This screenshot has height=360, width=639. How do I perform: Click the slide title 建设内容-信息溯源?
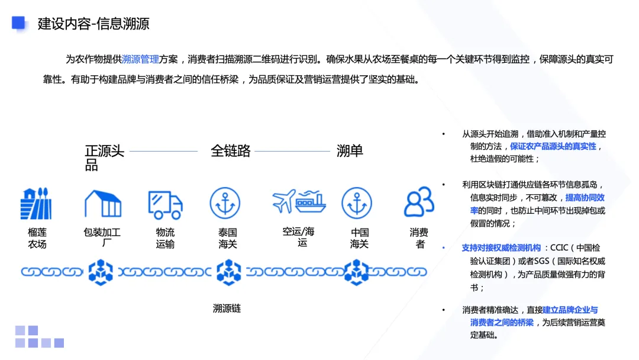pyautogui.click(x=93, y=24)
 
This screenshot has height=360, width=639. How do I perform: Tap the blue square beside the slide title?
pyautogui.click(x=18, y=22)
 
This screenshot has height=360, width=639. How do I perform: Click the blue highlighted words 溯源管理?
pyautogui.click(x=140, y=59)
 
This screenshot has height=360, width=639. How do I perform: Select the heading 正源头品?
pyautogui.click(x=104, y=157)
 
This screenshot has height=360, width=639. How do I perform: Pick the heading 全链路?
pyautogui.click(x=230, y=151)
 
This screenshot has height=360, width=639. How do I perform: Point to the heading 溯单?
pyautogui.click(x=350, y=151)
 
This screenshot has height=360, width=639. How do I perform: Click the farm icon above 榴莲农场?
pyautogui.click(x=36, y=204)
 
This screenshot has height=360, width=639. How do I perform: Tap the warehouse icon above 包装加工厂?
pyautogui.click(x=103, y=204)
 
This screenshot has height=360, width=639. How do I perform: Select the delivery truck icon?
pyautogui.click(x=165, y=204)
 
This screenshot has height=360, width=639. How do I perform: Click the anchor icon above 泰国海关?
pyautogui.click(x=225, y=204)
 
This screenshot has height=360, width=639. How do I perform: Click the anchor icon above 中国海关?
pyautogui.click(x=357, y=204)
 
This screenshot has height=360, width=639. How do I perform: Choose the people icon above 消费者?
pyautogui.click(x=419, y=202)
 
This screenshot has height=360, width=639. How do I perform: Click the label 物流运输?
pyautogui.click(x=165, y=238)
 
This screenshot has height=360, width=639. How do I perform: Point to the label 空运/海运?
pyautogui.click(x=299, y=237)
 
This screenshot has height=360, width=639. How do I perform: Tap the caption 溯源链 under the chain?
pyautogui.click(x=227, y=308)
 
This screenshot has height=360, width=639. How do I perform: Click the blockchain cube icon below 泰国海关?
pyautogui.click(x=228, y=272)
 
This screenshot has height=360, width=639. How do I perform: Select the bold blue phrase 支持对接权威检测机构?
pyautogui.click(x=501, y=248)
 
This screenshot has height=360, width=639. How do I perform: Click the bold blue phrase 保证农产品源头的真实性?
pyautogui.click(x=553, y=146)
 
